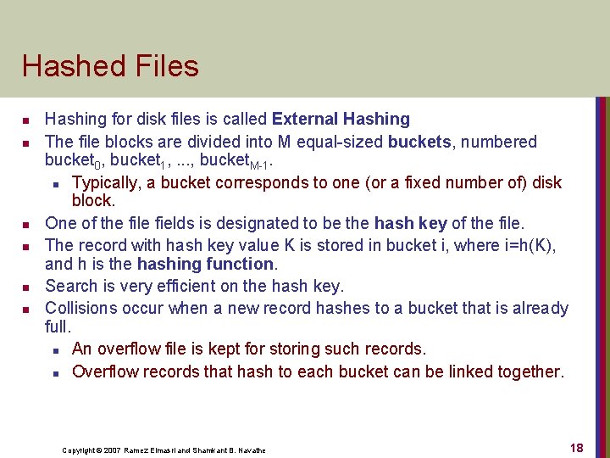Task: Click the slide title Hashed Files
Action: click(110, 66)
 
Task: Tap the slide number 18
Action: click(577, 448)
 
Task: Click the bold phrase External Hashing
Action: click(341, 120)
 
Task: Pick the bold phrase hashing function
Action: click(205, 264)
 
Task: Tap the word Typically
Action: click(105, 182)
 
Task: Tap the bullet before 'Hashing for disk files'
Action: click(28, 120)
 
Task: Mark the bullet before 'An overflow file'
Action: click(55, 349)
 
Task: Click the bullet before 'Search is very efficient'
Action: click(28, 287)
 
